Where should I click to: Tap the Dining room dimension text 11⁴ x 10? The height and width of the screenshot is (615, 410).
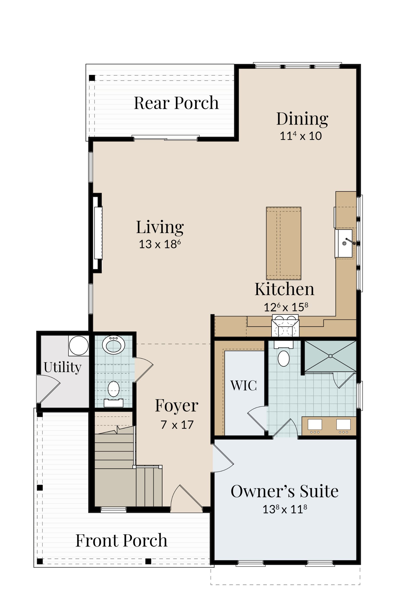click(x=301, y=136)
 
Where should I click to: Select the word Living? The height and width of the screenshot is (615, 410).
click(x=160, y=227)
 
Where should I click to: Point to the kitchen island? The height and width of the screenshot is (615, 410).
click(x=284, y=243)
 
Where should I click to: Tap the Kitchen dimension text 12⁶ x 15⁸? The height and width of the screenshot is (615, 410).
click(x=286, y=307)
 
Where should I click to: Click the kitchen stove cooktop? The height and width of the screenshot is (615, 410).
click(x=285, y=326)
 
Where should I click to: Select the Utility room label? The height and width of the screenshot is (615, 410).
click(x=62, y=368)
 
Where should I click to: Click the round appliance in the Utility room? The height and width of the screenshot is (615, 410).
click(x=79, y=345)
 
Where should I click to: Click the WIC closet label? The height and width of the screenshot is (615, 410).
click(x=244, y=385)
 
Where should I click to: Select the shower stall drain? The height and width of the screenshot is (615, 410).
click(x=330, y=356)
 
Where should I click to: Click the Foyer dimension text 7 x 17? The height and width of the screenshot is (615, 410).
click(x=177, y=425)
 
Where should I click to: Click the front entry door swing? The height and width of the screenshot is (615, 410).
click(x=186, y=497)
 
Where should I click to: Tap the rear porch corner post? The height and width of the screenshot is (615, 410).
click(x=92, y=78)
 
